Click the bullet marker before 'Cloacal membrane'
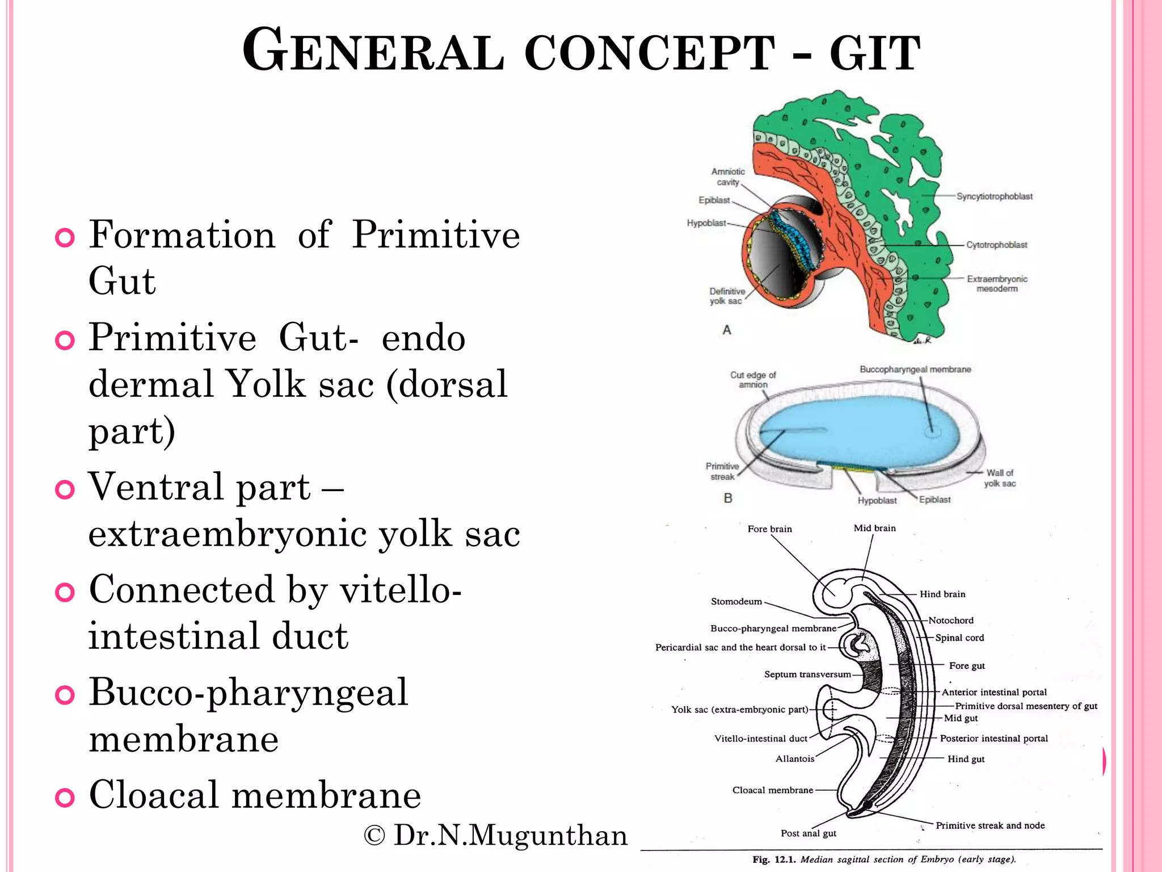65,797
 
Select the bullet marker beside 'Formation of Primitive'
65,237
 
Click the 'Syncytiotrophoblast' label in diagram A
994,196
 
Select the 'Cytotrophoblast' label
996,245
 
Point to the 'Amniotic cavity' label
728,177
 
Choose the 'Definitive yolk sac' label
727,296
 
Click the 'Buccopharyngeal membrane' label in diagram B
915,370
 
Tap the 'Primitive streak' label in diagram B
722,471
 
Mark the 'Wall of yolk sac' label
1000,478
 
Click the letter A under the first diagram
727,330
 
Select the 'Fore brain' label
769,529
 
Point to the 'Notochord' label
950,621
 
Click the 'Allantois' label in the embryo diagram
794,759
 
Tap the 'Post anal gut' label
808,833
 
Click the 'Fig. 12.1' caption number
774,860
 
